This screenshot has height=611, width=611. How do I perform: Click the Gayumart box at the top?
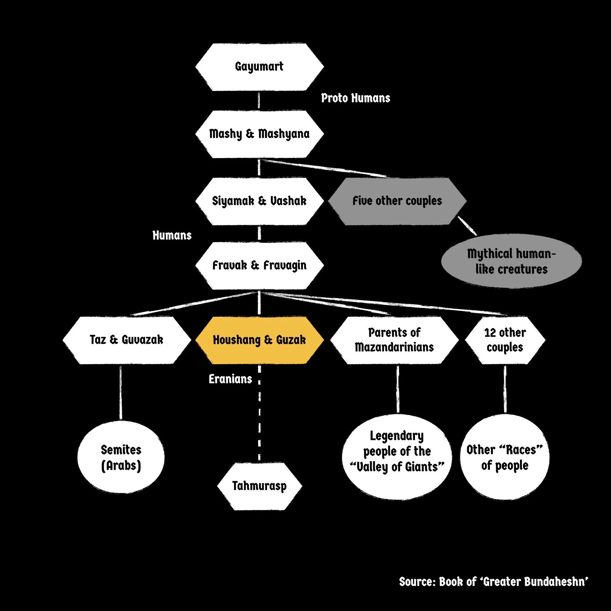click(x=259, y=67)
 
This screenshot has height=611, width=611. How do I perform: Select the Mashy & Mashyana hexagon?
click(x=259, y=134)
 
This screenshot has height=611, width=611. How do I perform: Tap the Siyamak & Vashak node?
click(x=259, y=201)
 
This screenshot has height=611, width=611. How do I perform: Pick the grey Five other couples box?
click(x=397, y=201)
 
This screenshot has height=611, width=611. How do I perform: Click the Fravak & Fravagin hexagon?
click(x=259, y=265)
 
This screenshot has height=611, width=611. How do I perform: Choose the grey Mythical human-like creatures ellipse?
click(x=511, y=261)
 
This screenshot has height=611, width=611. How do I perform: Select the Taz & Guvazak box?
click(x=127, y=340)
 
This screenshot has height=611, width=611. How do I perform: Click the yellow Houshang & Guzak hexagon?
click(x=259, y=340)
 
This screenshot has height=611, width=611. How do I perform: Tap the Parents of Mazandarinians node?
click(x=394, y=340)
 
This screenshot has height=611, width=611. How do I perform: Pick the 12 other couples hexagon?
click(x=505, y=340)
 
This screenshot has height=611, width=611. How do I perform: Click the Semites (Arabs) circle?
click(x=121, y=457)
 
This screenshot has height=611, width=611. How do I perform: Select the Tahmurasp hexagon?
click(x=259, y=486)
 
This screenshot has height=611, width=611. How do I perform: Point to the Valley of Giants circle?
click(x=397, y=457)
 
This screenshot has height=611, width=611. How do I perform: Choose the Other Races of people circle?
click(x=505, y=457)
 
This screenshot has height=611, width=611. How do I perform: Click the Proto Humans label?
click(x=355, y=98)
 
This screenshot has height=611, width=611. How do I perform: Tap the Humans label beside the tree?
click(x=172, y=235)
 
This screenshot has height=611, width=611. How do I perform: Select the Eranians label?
click(x=230, y=379)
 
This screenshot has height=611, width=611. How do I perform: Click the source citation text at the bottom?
click(x=494, y=582)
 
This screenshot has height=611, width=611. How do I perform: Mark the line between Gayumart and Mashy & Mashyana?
click(x=259, y=101)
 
